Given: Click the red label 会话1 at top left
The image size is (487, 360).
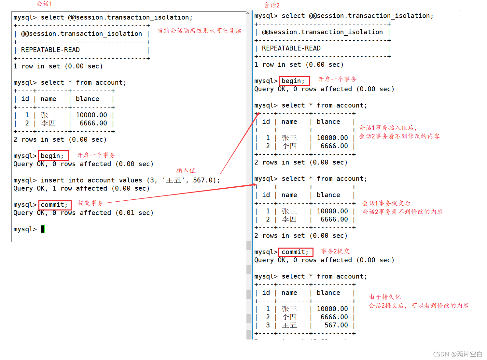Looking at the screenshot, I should click(44, 4).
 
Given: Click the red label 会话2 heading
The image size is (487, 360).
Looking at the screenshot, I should click(271, 5).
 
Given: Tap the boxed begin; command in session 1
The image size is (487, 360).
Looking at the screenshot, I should click(52, 156).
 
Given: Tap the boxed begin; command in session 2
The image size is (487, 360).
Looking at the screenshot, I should click(293, 81).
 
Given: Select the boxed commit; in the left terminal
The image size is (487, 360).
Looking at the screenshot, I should click(54, 205).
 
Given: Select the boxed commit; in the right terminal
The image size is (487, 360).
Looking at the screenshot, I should click(295, 252).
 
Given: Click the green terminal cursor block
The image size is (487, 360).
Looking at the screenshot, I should click(43, 229).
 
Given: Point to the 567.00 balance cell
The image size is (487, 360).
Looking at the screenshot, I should click(336, 325).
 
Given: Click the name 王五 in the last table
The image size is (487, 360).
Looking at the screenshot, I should click(289, 325).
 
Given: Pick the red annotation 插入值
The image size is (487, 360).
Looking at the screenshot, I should click(186, 170).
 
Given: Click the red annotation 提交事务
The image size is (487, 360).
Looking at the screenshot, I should click(90, 203).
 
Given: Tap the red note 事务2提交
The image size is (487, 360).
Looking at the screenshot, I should click(335, 251).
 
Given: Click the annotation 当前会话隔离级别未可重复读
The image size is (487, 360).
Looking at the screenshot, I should click(199, 31).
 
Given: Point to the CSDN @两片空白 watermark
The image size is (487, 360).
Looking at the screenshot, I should click(458, 354).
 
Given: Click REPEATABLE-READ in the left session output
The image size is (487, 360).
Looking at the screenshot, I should click(50, 50).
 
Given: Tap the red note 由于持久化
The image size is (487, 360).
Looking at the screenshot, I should click(385, 297).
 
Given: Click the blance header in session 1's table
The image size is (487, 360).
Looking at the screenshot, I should click(88, 99).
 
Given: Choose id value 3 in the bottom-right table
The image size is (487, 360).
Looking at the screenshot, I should click(268, 325).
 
